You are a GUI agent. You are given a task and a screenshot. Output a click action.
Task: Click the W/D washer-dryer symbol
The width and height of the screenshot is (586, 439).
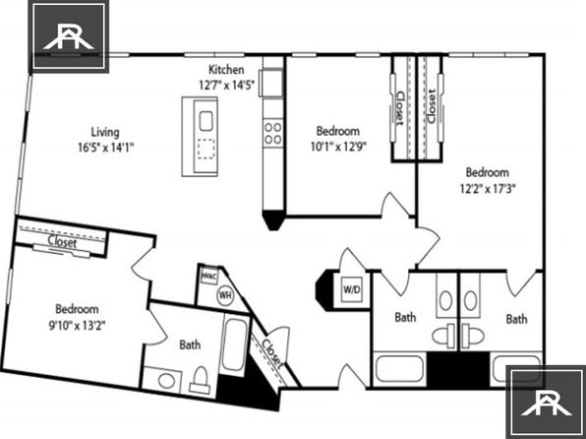tap(352, 289)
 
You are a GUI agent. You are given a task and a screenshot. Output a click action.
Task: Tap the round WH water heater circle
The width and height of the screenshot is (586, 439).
tap(225, 295)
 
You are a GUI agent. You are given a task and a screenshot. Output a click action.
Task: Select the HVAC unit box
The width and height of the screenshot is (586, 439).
tap(208, 277)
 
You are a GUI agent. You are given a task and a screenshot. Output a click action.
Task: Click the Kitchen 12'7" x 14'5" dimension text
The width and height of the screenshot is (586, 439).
tap(226, 86)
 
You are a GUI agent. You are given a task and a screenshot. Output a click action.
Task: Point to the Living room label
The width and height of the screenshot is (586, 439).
tap(105, 132)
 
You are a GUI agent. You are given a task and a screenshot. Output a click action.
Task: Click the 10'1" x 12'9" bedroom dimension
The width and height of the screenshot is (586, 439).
tap(338, 147)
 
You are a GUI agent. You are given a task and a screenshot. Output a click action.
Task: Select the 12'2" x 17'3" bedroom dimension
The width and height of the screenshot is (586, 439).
tap(488, 189)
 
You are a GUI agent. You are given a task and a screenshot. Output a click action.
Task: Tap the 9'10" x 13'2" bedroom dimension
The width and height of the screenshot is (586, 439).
tap(77, 326)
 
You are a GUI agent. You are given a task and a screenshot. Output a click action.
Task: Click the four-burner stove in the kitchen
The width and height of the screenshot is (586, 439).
tap(273, 134)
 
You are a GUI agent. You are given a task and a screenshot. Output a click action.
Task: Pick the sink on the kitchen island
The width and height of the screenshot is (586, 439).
tap(205, 121)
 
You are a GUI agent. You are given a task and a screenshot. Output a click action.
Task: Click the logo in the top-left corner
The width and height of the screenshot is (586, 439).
tap(69, 36)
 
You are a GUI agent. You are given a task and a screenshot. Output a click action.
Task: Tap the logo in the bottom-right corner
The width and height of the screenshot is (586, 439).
tap(546, 403)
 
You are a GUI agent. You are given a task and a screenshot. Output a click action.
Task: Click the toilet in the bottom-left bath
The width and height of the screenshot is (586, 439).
tap(200, 380)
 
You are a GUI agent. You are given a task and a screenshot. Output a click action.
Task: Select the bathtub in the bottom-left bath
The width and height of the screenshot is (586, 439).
tap(234, 345)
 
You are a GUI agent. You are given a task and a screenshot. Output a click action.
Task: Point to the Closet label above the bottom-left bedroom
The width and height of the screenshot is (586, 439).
tap(62, 242)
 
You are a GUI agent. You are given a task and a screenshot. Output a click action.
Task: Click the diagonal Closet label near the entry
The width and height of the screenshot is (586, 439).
tap(271, 352)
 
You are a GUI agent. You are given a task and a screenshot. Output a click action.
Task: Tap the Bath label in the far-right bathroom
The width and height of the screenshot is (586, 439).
tap(516, 319)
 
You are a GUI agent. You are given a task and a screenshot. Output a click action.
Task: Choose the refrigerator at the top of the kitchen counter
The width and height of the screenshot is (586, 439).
tap(272, 83)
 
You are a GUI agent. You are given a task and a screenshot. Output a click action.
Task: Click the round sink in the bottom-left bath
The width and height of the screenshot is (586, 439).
tap(166, 381)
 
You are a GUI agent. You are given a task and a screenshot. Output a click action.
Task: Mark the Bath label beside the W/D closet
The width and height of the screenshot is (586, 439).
tap(405, 317)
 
